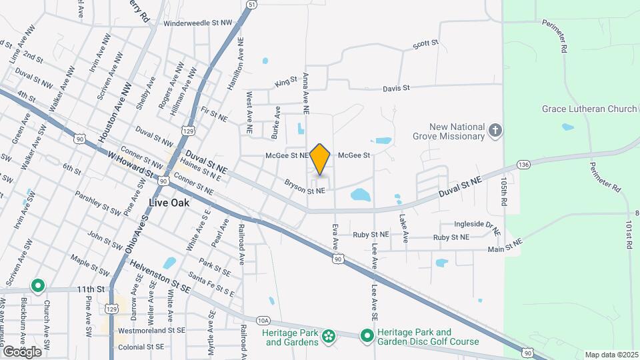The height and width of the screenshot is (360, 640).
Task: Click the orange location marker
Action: pos(321,159)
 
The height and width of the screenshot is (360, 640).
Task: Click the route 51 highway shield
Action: pos(251,5)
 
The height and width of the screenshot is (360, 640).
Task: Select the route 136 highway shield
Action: pos(523,164)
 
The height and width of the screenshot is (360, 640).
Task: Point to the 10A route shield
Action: pos(263,320)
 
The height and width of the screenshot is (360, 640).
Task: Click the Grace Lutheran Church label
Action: pos(589,109)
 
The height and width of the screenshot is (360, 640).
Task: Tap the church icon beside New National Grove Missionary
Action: pos(495,130)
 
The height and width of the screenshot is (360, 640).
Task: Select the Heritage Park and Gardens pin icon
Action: pos(327,337)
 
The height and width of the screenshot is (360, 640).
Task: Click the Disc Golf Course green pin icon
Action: pos(366,335)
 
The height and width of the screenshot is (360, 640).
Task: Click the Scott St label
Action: pos(425,45)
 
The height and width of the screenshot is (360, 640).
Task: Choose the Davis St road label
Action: pos(396,88)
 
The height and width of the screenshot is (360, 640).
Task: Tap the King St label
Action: pos(285,83)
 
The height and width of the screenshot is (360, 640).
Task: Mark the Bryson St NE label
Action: pos(305,186)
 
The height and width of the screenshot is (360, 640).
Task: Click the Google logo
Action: pos(21,351)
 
